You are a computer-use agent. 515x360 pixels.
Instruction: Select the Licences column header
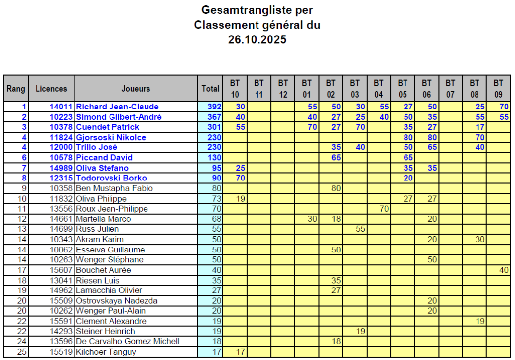click(51, 89)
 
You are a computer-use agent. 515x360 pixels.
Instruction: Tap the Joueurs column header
click(136, 89)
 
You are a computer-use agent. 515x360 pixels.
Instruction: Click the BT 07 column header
click(450, 89)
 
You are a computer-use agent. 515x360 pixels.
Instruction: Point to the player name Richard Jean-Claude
click(117, 107)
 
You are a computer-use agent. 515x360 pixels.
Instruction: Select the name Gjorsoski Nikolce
click(111, 137)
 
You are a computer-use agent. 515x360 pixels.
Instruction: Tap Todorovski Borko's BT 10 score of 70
click(240, 178)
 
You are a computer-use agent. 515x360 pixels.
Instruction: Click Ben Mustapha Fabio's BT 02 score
click(336, 188)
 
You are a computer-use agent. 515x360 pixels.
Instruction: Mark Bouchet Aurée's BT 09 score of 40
click(503, 270)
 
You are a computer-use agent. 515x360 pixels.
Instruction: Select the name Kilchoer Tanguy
click(106, 352)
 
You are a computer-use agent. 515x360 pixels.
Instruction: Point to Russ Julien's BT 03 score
click(360, 229)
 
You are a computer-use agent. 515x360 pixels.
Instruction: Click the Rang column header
click(16, 89)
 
